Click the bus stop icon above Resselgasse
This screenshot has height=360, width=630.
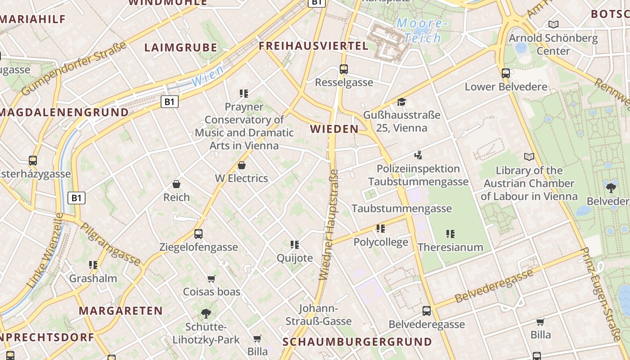tap(344, 69)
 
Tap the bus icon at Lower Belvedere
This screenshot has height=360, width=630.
tap(506, 73)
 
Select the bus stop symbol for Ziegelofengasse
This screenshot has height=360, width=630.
tap(198, 234)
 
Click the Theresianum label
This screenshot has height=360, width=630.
tap(450, 247)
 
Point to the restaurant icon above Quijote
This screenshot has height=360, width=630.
tap(295, 245)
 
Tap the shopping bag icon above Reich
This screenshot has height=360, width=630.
tap(176, 184)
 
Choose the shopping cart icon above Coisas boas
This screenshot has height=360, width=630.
tap(211, 279)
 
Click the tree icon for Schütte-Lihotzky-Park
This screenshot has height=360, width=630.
tap(206, 313)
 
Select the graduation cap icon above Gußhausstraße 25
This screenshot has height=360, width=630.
tap(401, 102)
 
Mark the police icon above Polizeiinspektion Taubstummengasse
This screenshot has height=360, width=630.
tap(418, 156)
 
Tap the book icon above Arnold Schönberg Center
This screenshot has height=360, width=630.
tap(553, 25)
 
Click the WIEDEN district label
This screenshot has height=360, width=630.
tap(334, 130)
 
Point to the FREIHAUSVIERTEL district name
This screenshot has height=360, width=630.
tap(313, 46)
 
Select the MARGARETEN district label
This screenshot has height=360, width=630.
tap(121, 311)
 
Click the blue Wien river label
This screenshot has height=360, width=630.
tap(207, 76)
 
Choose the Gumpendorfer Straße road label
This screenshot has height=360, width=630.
tap(74, 68)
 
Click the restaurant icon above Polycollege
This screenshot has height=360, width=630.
tap(381, 229)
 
